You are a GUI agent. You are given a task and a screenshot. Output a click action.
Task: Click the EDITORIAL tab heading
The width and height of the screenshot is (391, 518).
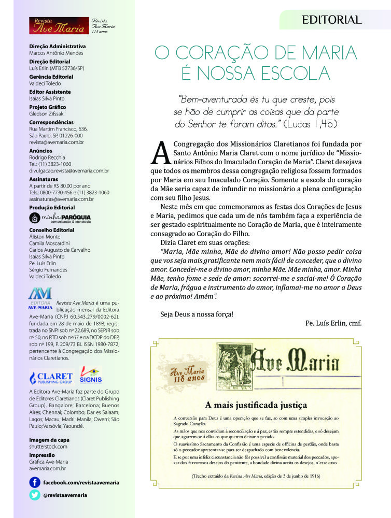pyautogui.click(x=331, y=20)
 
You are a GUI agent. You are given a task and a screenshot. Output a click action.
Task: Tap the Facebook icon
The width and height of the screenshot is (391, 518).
pyautogui.click(x=35, y=482)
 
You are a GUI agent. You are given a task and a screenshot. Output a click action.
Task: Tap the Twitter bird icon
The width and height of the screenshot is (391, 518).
pyautogui.click(x=35, y=495)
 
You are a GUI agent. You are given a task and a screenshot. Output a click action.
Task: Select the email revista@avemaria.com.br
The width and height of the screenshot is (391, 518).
pyautogui.click(x=57, y=141)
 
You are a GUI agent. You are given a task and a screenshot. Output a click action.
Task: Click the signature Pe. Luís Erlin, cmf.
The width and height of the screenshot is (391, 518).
pyautogui.click(x=333, y=323)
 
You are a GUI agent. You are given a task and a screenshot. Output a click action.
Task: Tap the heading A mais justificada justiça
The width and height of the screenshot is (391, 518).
pyautogui.click(x=256, y=404)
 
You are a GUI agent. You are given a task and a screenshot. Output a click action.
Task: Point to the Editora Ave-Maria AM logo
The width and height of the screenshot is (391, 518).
pyautogui.click(x=40, y=297)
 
